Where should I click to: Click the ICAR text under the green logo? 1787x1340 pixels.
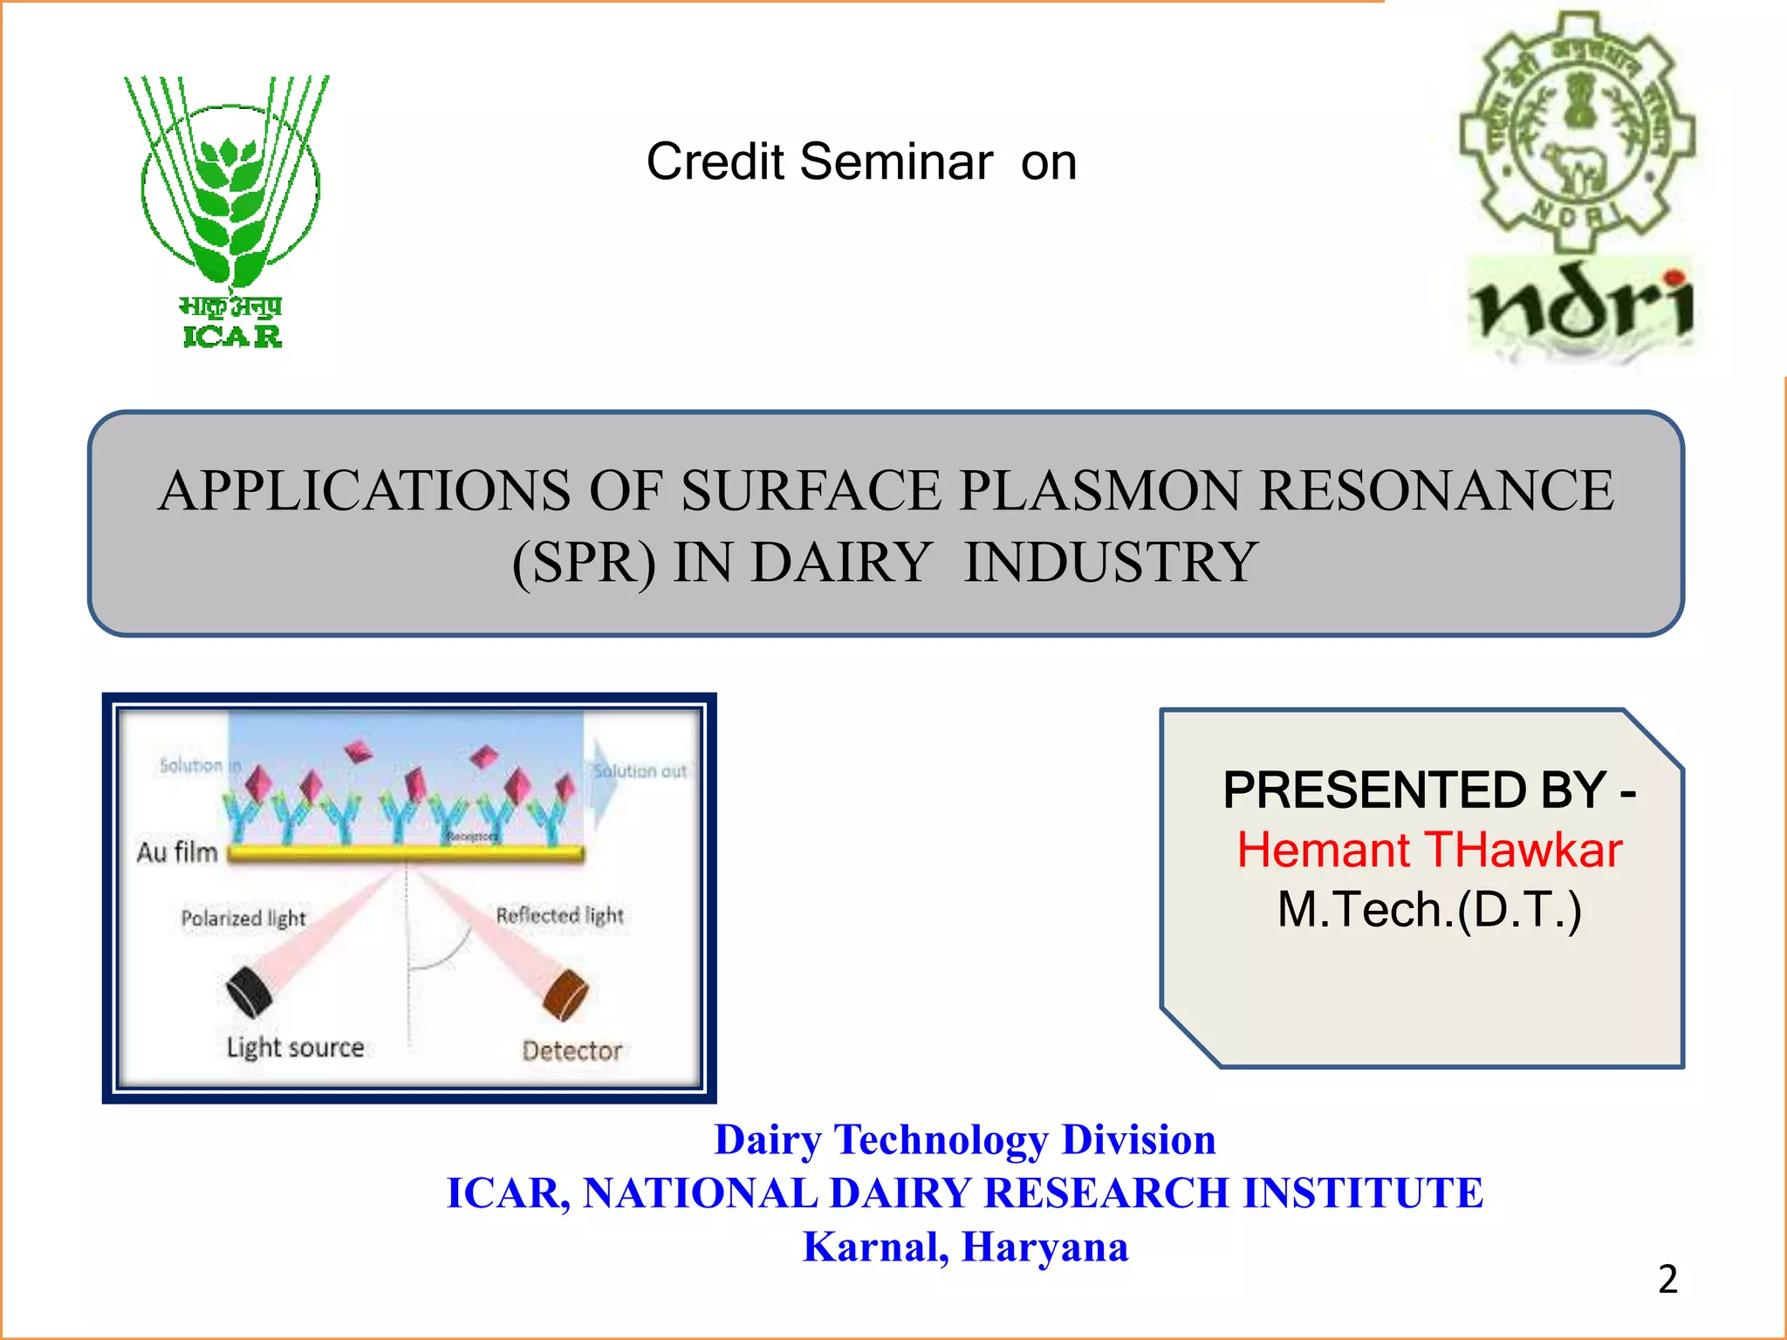[232, 336]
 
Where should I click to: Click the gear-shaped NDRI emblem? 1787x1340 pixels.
[1578, 131]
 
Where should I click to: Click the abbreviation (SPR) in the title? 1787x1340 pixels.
[583, 563]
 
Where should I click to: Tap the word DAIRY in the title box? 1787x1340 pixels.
[840, 563]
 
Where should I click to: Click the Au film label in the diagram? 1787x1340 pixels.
[177, 851]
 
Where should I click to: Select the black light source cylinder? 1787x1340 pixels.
[250, 993]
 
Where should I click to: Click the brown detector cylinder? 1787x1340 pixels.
[565, 995]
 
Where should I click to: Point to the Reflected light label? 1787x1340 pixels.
[559, 915]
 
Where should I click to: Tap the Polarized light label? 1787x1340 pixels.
[243, 918]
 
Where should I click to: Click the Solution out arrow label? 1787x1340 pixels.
[640, 771]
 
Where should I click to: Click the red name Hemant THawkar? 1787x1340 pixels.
[1429, 850]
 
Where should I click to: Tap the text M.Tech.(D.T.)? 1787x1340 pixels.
[1429, 909]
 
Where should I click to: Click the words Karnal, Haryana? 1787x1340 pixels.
[965, 1247]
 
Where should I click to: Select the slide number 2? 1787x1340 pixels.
[1667, 1279]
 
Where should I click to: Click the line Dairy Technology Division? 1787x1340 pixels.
[965, 1139]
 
